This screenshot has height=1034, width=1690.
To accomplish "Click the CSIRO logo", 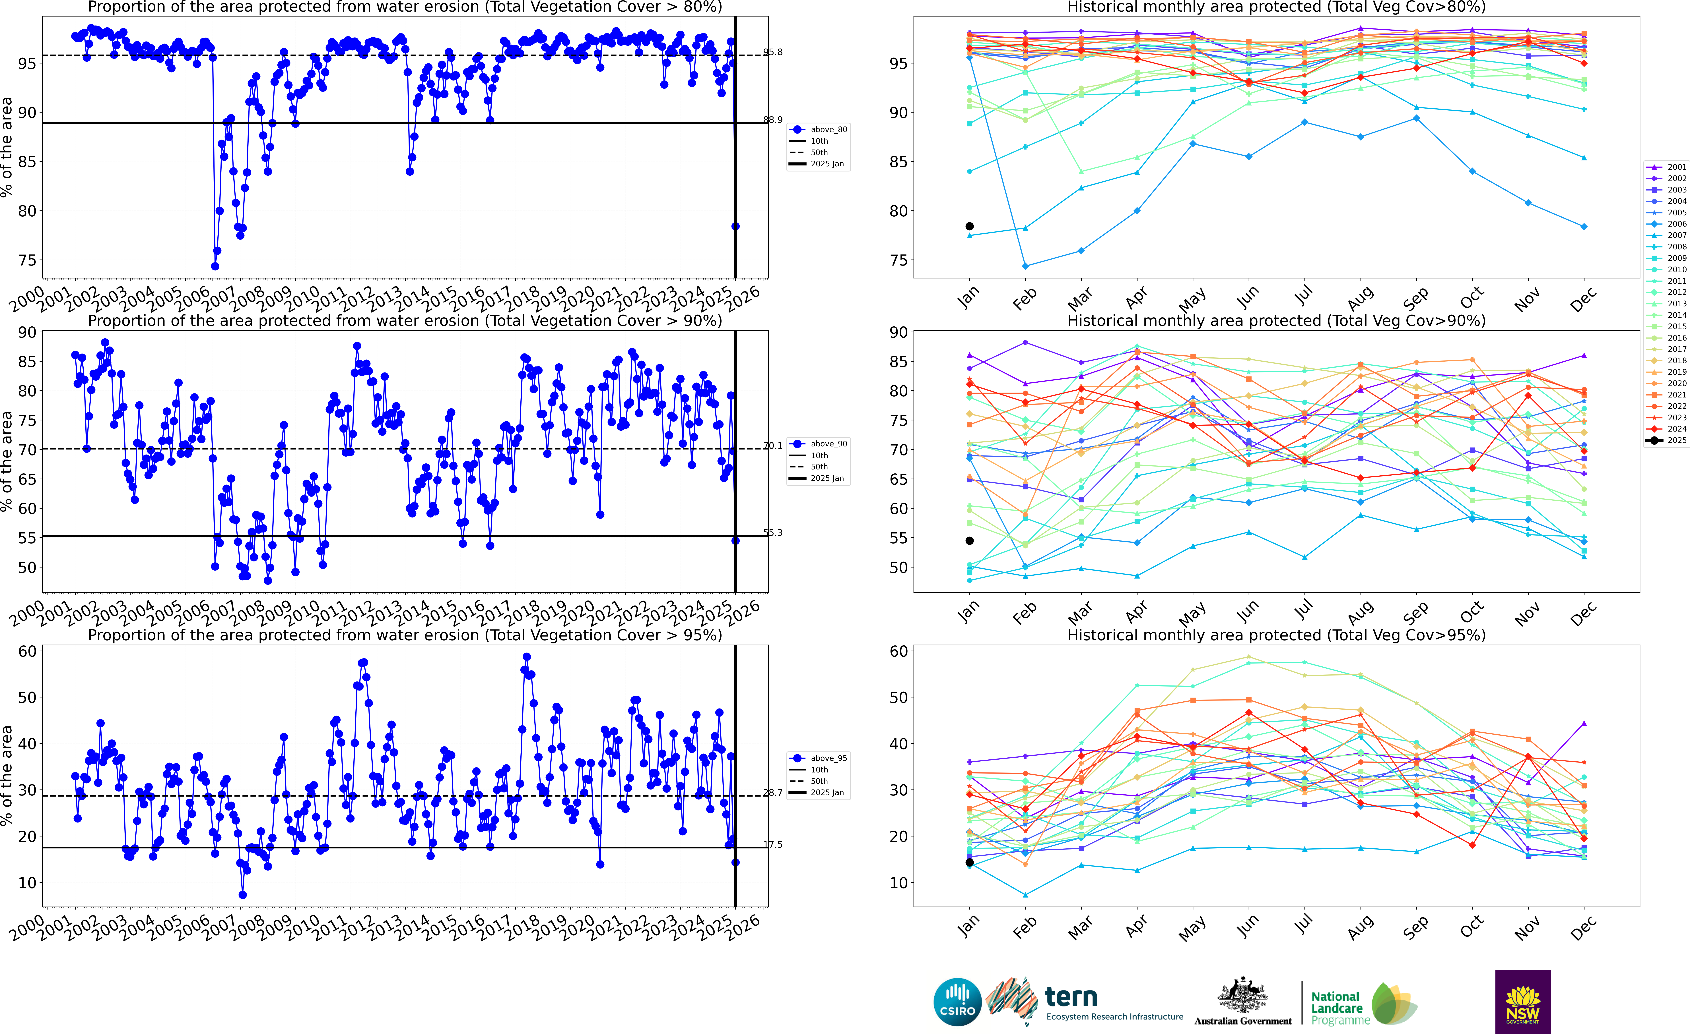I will tap(957, 1002).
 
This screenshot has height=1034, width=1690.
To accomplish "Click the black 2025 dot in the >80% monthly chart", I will tap(969, 226).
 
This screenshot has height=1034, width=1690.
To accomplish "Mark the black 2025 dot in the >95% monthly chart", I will tap(969, 863).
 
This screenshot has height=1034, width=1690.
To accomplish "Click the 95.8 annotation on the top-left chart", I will tap(773, 52).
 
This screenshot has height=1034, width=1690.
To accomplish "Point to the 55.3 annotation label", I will tap(773, 533).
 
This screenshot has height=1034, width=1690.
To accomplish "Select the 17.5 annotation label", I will tap(773, 845).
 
